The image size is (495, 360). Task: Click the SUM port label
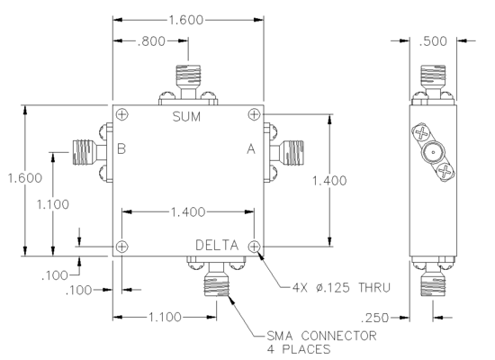pyautogui.click(x=186, y=117)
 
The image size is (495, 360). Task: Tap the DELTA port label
pyautogui.click(x=217, y=246)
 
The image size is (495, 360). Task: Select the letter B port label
pyautogui.click(x=121, y=148)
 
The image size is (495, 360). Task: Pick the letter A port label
pyautogui.click(x=251, y=148)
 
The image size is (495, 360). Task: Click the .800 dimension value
pyautogui.click(x=151, y=41)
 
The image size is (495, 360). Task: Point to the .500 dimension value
pyautogui.click(x=433, y=41)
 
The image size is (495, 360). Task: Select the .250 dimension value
pyautogui.click(x=374, y=318)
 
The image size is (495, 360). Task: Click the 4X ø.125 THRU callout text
pyautogui.click(x=342, y=288)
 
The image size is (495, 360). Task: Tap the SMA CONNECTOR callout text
pyautogui.click(x=321, y=336)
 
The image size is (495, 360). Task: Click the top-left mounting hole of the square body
pyautogui.click(x=121, y=114)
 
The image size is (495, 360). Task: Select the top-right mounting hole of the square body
pyautogui.click(x=254, y=114)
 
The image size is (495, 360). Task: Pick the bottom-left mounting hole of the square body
pyautogui.click(x=121, y=247)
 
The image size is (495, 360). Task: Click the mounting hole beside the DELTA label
pyautogui.click(x=254, y=247)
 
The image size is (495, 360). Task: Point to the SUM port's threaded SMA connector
pyautogui.click(x=188, y=76)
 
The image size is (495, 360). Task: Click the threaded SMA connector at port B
pyautogui.click(x=84, y=152)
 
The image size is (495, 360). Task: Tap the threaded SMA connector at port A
pyautogui.click(x=292, y=152)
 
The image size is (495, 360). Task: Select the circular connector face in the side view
pyautogui.click(x=433, y=152)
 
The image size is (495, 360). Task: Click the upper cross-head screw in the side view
pyautogui.click(x=421, y=133)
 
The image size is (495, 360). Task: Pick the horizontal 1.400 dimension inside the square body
pyautogui.click(x=188, y=211)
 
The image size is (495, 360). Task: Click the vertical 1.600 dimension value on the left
pyautogui.click(x=25, y=178)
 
